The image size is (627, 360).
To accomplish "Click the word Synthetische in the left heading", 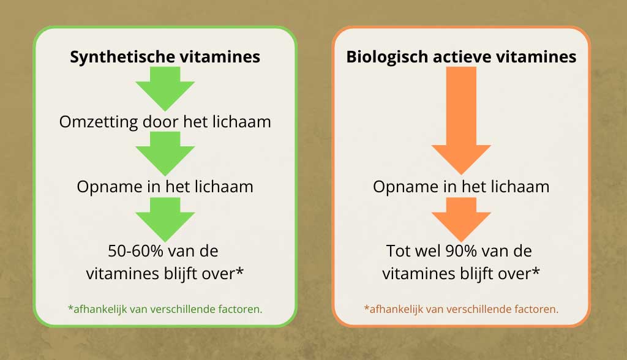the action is click(x=122, y=57).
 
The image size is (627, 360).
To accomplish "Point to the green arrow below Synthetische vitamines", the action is click(x=165, y=88).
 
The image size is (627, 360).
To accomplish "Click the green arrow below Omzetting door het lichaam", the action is click(x=165, y=154).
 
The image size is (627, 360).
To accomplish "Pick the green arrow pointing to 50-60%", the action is click(x=165, y=220).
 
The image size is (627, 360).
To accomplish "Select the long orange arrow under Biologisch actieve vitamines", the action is click(x=461, y=121).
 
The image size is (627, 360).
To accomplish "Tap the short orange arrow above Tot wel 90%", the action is click(x=461, y=220).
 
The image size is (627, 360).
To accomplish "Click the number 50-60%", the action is click(x=135, y=251).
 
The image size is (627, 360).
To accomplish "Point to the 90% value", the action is click(x=460, y=251).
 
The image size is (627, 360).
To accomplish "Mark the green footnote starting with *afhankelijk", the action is click(x=165, y=309).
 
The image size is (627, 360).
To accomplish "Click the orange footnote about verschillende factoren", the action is click(x=461, y=309).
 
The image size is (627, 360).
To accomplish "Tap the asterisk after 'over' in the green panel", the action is click(x=239, y=271).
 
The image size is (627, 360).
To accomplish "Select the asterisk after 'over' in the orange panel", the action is click(x=536, y=271).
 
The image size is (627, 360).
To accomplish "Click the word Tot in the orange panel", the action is click(x=398, y=251).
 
